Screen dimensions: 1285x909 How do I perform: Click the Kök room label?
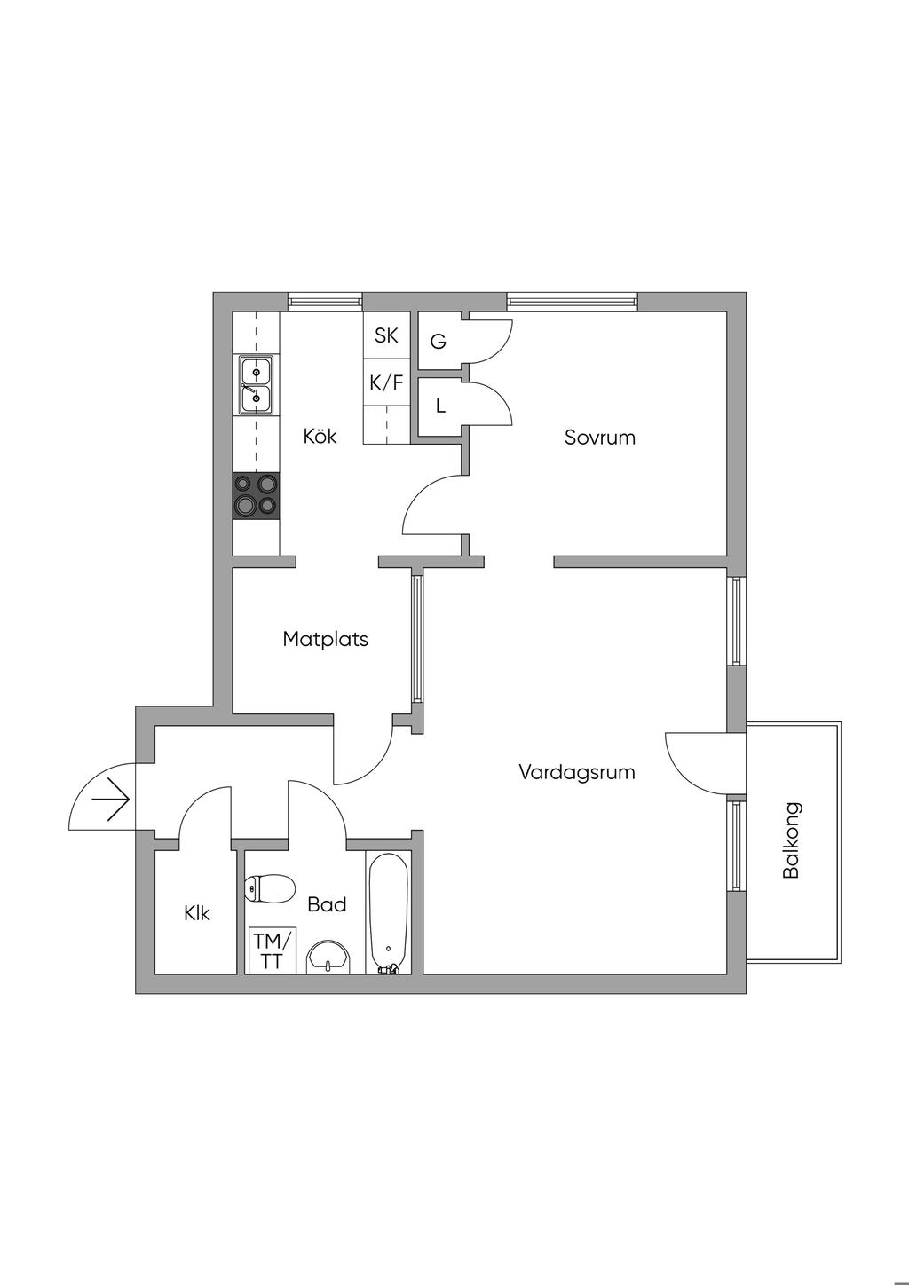coord(320,437)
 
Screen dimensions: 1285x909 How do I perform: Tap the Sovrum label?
coord(600,438)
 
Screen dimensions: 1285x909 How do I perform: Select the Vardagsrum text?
coord(577,772)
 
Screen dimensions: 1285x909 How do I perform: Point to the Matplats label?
coord(325,639)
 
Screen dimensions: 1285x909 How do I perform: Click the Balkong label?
coord(792,840)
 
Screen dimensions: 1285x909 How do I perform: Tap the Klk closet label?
coord(197,913)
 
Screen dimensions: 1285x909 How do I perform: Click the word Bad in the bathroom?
coord(327,905)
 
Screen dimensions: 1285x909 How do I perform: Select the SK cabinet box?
coord(386,335)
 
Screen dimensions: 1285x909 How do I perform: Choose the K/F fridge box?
coord(386,383)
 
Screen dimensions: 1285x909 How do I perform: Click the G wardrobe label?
coord(439,342)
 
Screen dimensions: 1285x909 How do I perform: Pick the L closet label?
coord(440,406)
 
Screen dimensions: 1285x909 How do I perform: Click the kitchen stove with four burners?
coord(256,496)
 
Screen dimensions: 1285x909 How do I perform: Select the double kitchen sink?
coord(256,384)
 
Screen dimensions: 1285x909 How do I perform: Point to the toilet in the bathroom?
coord(270,887)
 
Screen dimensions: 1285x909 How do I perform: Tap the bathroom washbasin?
coord(329,958)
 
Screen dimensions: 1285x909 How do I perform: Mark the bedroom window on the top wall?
coord(573,303)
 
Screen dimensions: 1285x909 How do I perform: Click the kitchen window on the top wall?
coord(325,303)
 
